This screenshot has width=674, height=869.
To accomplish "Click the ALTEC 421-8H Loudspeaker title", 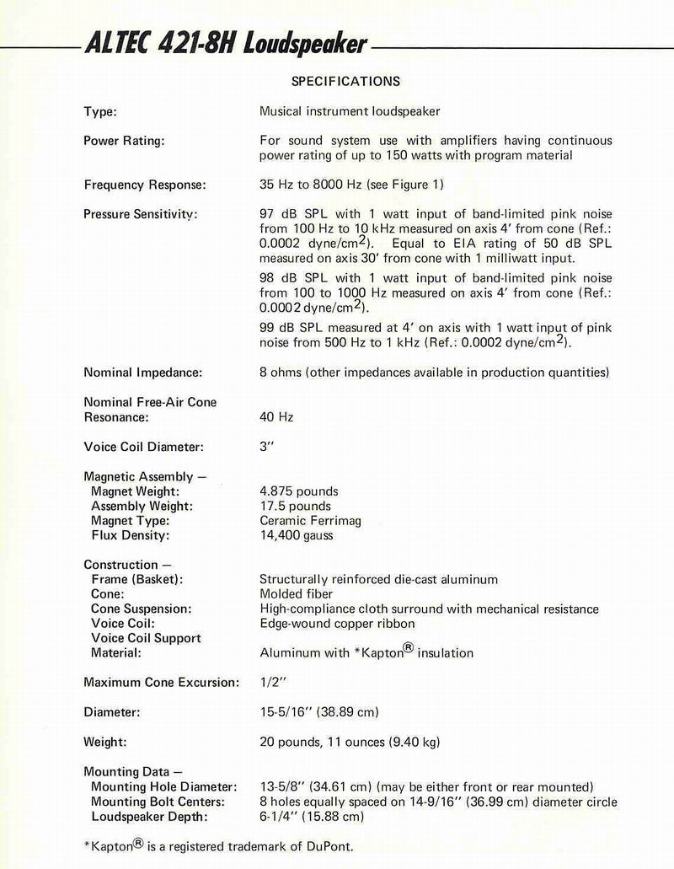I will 226,43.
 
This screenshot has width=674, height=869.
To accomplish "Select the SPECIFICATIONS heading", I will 345,82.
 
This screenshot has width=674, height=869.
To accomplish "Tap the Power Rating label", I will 124,141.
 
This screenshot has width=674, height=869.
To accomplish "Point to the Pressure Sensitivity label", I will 140,214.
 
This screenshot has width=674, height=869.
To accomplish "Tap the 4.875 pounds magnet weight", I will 298,491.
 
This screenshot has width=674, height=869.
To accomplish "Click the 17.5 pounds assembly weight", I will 295,506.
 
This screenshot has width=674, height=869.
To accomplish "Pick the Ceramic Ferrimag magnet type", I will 310,520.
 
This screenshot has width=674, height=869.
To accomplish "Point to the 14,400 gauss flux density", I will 296,535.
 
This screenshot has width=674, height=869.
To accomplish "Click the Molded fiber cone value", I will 297,593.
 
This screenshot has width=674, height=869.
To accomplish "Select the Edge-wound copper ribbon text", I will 337,623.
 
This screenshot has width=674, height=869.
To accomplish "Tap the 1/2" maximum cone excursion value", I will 271,682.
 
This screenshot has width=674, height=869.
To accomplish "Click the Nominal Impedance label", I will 142,372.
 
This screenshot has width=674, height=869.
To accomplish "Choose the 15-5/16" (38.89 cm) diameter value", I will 318,712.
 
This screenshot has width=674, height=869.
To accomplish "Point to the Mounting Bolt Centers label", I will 158,802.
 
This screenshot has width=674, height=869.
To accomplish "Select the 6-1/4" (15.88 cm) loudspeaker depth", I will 311,816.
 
